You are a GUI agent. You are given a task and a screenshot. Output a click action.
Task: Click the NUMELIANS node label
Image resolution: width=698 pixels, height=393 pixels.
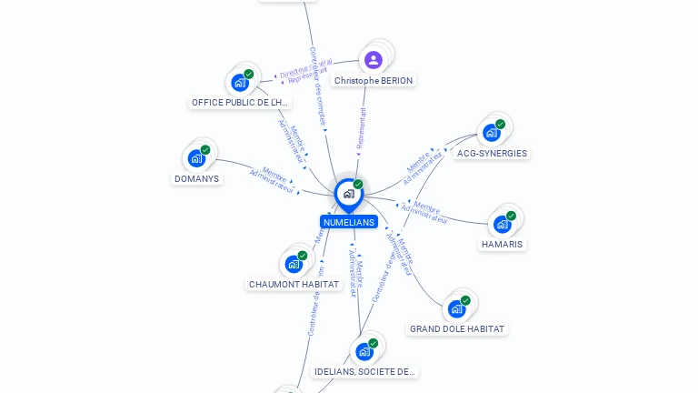(x=348, y=222)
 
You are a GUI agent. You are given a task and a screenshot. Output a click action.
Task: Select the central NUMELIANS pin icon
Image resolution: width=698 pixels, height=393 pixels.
(x=348, y=194)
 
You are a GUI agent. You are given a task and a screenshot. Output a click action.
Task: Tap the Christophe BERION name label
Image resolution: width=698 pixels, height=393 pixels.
(x=373, y=81)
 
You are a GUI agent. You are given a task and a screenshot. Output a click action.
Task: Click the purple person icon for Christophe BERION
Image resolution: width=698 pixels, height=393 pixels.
(x=373, y=60)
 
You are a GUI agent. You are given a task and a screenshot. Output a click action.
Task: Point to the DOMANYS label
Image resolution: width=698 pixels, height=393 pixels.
(x=196, y=179)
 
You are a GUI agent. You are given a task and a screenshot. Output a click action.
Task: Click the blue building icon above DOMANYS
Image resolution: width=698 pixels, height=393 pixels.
(x=196, y=158)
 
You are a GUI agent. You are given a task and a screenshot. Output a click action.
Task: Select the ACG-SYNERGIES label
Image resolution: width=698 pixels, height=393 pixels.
(x=492, y=154)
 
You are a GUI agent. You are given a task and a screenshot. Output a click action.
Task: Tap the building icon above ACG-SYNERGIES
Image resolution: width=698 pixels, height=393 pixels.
(x=491, y=133)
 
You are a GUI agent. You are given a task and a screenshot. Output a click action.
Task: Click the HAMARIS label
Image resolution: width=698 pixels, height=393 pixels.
(x=503, y=245)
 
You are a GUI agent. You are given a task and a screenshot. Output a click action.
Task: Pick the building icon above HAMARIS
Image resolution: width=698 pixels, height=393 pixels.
(x=502, y=224)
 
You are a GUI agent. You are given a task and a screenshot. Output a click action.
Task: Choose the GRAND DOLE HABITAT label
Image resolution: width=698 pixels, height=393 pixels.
(x=456, y=329)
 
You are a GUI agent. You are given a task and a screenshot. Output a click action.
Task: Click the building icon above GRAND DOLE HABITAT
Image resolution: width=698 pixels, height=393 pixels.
(x=456, y=308)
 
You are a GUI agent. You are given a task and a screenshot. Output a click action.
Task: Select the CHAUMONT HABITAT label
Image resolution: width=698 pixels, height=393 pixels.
(x=294, y=285)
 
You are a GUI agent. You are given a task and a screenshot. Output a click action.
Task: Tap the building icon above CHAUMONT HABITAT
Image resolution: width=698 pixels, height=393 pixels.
(x=294, y=264)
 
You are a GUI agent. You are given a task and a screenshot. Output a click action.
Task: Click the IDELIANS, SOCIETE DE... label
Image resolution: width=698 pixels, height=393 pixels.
(x=364, y=372)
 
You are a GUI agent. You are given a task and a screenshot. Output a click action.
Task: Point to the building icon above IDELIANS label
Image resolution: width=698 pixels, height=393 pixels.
(x=364, y=351)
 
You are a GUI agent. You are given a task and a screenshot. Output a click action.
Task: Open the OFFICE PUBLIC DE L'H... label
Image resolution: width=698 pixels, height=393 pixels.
(x=240, y=103)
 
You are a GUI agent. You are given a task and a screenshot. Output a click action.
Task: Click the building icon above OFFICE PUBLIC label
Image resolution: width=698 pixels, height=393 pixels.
(x=240, y=83)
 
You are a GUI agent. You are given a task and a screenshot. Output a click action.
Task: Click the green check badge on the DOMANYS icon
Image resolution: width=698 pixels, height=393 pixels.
(x=205, y=150)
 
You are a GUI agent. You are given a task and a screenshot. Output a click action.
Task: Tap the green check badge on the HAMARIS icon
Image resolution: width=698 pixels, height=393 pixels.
(x=511, y=216)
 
